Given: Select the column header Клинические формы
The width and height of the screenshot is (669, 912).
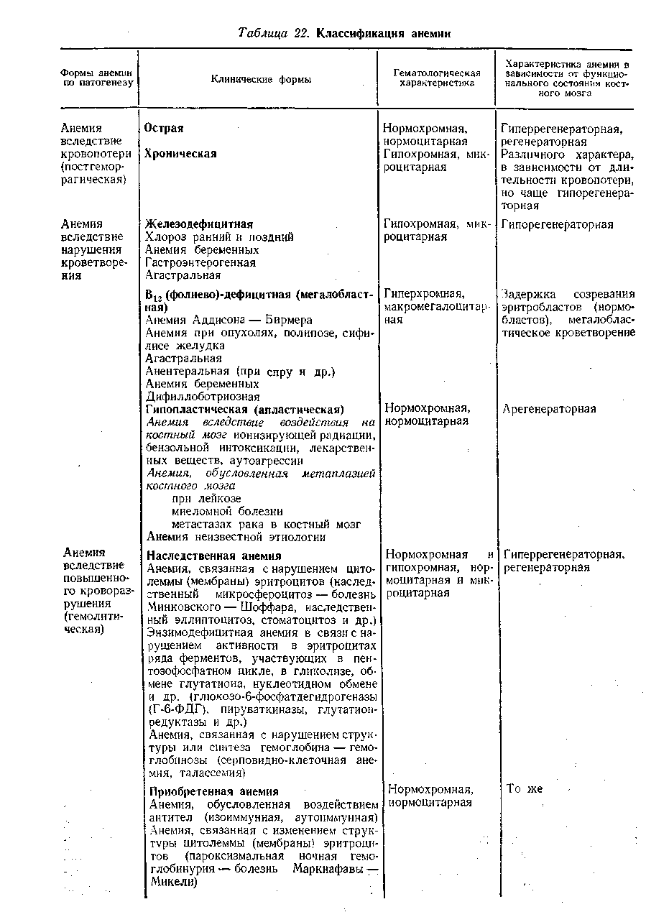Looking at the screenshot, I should coord(261,80).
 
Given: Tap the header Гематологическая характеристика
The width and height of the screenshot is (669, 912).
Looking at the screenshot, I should coord(436,78).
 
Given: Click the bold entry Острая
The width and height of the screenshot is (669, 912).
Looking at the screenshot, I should coord(165,129).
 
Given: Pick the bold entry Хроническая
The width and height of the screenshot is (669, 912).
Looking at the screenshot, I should coord(181,154).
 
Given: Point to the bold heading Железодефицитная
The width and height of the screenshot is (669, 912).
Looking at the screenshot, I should coord(199,225).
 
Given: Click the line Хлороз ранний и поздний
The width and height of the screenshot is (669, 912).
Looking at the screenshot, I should coord(219,237).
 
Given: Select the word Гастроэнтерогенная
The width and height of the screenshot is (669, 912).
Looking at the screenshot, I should coord(200,262).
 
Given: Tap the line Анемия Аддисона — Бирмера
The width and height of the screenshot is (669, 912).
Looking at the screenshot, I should coord(229,320).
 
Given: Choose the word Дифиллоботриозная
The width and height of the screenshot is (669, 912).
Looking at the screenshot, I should coord(203,396).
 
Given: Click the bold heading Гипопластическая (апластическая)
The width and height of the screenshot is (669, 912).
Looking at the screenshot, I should coord(245,409).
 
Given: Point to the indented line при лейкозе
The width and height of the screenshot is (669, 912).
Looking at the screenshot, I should coord(206,498).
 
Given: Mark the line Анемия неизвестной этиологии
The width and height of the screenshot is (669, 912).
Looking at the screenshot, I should coord(236,537).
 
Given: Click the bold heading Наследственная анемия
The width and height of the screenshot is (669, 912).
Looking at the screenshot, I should coord(214,556).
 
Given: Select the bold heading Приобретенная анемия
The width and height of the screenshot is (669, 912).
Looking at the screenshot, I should coord(213,791).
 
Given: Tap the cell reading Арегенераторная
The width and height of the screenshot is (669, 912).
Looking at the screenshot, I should coord(549,409).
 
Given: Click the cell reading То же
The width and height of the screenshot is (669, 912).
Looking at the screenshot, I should coord(525,789).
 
